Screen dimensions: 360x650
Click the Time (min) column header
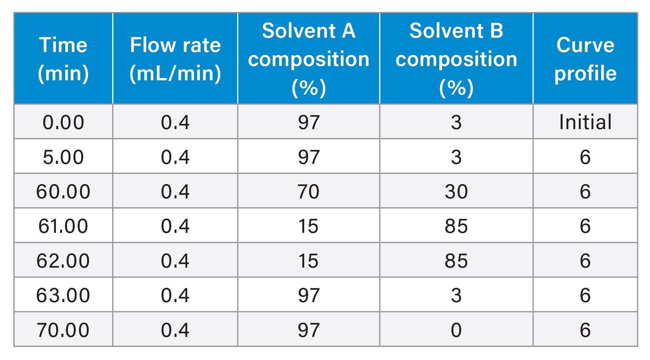(x=63, y=59)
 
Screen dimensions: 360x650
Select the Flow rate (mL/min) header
(x=175, y=59)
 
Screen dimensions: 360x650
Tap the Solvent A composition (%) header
(x=308, y=59)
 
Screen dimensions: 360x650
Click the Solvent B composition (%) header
(x=456, y=59)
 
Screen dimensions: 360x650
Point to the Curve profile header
(x=585, y=59)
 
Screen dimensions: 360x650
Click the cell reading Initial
(x=585, y=122)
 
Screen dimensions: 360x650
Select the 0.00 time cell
(x=63, y=122)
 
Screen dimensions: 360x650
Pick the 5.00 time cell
(x=63, y=157)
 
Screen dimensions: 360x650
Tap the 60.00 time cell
(x=63, y=191)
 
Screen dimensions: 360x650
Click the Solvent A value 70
(x=308, y=191)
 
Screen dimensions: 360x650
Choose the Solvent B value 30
(x=456, y=191)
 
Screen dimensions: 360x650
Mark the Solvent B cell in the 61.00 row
(x=456, y=226)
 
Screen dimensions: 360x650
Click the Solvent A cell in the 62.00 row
(x=308, y=260)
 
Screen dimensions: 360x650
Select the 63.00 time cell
(x=63, y=295)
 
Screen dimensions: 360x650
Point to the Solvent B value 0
(x=456, y=330)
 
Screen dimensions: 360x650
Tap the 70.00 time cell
(x=63, y=330)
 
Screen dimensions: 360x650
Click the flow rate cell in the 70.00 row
(x=175, y=330)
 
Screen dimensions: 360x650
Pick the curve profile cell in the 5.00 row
(x=585, y=157)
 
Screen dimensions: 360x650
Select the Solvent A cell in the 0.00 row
(x=308, y=122)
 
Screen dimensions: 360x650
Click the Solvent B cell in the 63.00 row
(x=456, y=295)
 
